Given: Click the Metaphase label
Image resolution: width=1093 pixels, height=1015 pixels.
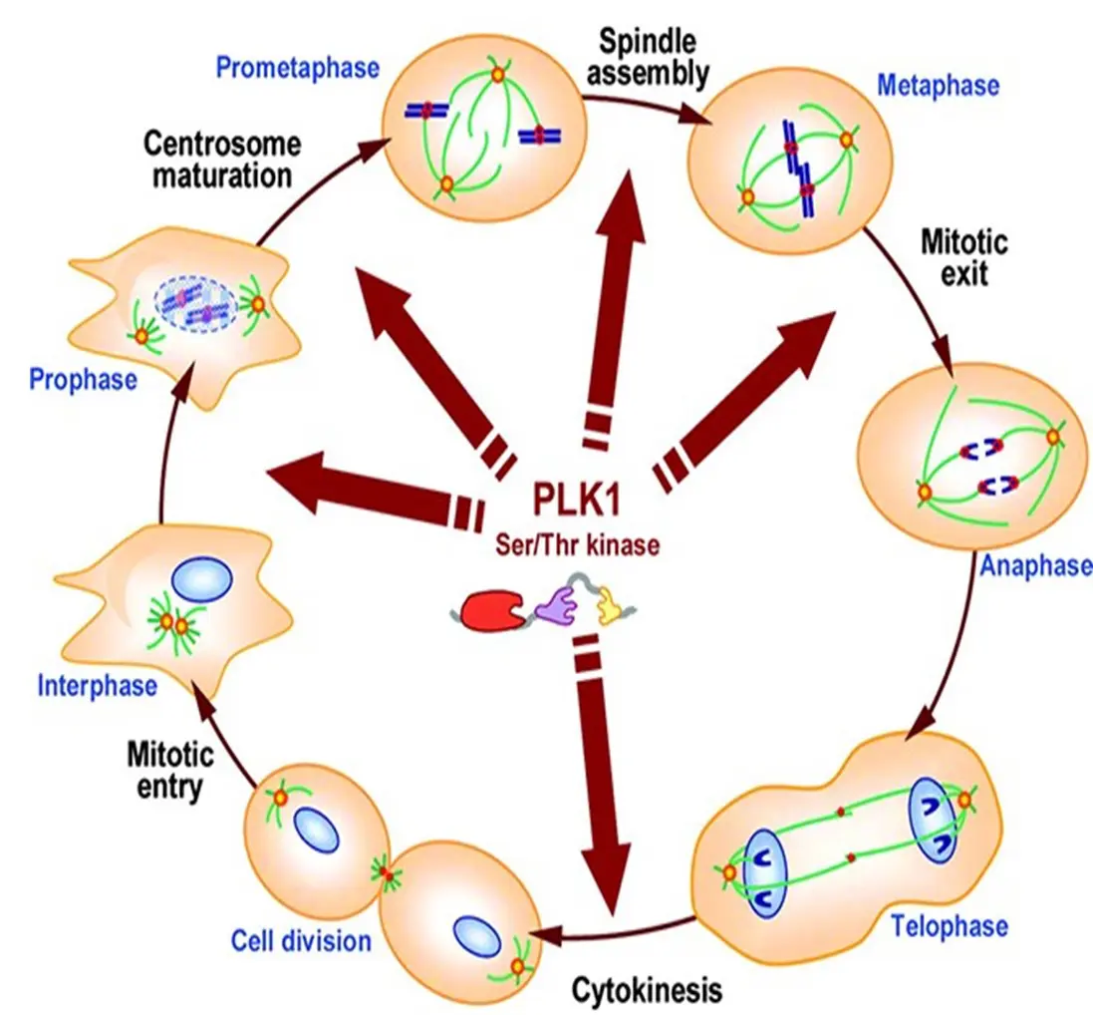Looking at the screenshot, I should coord(938,85).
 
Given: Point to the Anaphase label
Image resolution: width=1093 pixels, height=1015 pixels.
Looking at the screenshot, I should coord(1034,566).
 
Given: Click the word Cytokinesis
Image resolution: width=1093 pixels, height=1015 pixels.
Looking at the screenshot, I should coord(645,990).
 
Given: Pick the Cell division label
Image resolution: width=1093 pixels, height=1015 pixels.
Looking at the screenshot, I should coord(300,940).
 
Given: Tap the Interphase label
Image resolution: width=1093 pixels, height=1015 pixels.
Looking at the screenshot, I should coord(97,685).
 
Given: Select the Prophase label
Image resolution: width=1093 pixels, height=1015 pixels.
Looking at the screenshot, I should coord(83,379).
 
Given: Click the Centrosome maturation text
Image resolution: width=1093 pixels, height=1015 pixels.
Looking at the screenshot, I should coord(222,160).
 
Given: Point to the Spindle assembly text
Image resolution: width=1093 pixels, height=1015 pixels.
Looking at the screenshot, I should coord(654,57).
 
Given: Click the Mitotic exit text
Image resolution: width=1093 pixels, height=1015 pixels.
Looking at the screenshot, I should coord(963,256).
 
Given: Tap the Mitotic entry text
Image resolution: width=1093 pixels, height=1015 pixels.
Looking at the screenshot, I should coord(165,769).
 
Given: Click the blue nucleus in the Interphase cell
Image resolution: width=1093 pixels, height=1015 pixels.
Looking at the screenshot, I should coord(202,579).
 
